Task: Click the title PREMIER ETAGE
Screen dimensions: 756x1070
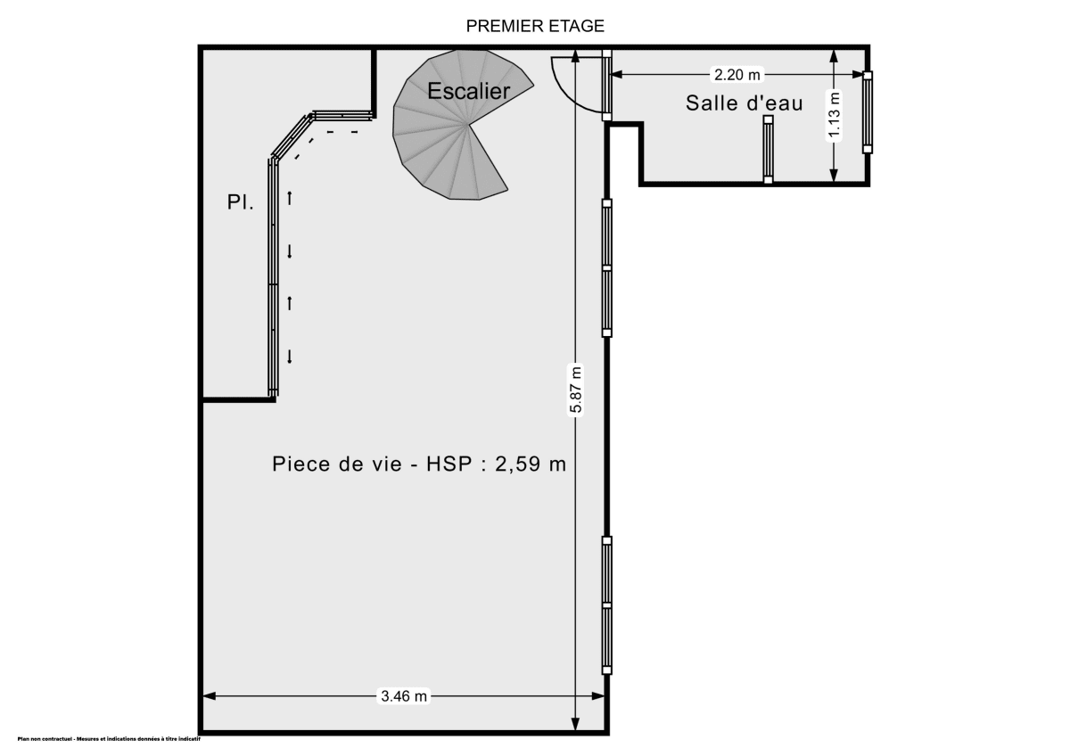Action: [535, 26]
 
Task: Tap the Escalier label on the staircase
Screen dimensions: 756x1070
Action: [468, 91]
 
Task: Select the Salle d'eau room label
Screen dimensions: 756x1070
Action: [744, 103]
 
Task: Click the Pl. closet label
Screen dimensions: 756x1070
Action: [240, 203]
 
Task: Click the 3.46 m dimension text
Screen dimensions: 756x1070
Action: [405, 697]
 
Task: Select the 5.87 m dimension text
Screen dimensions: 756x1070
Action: [576, 390]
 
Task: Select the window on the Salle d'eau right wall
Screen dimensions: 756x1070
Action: [867, 112]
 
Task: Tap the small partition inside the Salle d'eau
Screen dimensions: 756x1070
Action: [767, 149]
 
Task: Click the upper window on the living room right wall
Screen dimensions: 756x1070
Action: [607, 267]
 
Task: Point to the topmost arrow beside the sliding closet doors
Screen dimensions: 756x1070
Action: [290, 197]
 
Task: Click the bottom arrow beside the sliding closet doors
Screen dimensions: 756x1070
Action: [290, 357]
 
